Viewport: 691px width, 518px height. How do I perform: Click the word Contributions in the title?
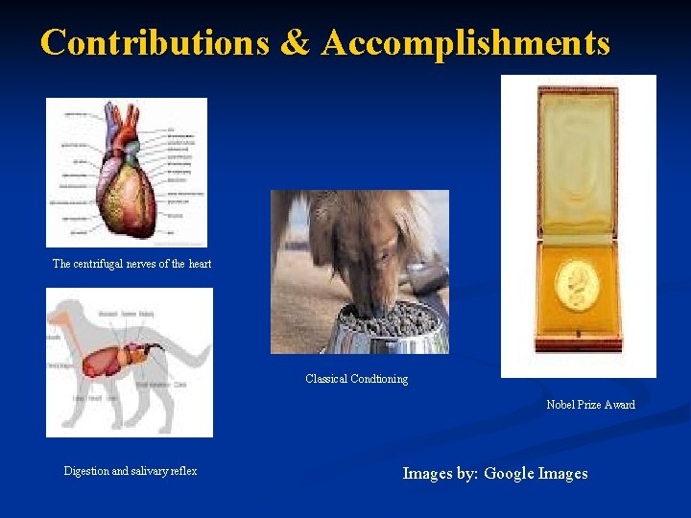pyautogui.click(x=155, y=43)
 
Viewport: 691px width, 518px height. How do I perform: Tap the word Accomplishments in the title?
pyautogui.click(x=466, y=43)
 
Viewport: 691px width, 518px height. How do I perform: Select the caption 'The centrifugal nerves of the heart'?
pyautogui.click(x=131, y=264)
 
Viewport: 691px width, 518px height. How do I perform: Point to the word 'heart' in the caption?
pyautogui.click(x=201, y=264)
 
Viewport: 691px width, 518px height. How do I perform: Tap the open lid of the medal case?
pyautogui.click(x=577, y=158)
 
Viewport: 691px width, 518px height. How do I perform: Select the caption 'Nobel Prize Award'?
pyautogui.click(x=590, y=405)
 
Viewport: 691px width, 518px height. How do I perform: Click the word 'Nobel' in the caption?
pyautogui.click(x=561, y=405)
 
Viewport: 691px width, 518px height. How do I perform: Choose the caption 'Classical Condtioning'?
pyautogui.click(x=356, y=379)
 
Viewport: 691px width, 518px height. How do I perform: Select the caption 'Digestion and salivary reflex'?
pyautogui.click(x=130, y=471)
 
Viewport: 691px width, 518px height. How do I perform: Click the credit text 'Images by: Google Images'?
pyautogui.click(x=494, y=473)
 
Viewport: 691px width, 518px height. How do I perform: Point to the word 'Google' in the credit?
pyautogui.click(x=510, y=473)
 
